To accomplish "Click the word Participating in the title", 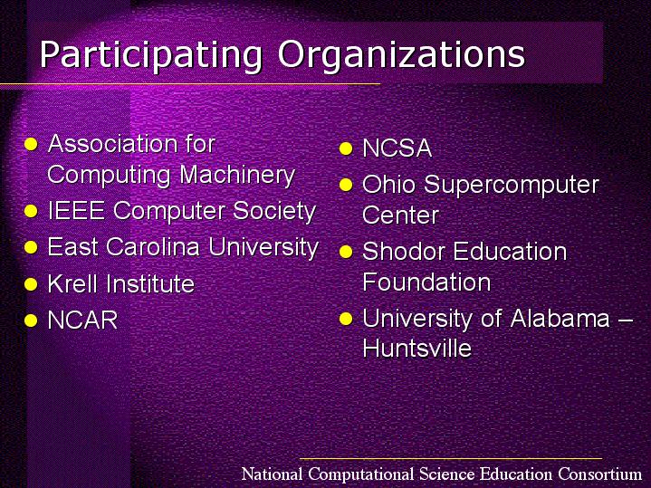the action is pos(151,55).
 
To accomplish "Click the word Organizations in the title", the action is pos(401,54).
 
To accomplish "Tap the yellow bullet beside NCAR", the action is pos(31,321).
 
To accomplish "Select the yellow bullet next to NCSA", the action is pos(346,148).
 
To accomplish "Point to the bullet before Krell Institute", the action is pos(31,284).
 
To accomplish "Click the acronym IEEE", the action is pos(76,210).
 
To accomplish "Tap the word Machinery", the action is pos(237,176).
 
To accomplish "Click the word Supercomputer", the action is pos(512,186).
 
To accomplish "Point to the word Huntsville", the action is pos(417,348).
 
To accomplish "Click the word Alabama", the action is pos(560,318).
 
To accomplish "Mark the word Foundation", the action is pos(426,282).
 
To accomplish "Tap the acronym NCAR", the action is pos(83,321).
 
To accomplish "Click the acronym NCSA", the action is pos(397,148).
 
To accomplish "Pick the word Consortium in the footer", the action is pos(600,474).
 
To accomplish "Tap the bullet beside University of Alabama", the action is pos(346,319).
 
